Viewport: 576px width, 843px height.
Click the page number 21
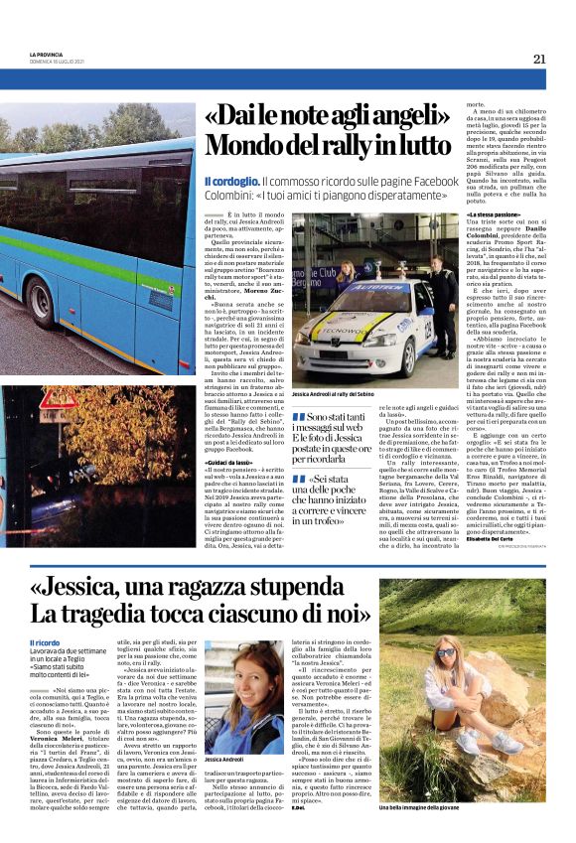pos(539,59)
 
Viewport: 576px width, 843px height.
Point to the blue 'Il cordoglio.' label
pos(231,182)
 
